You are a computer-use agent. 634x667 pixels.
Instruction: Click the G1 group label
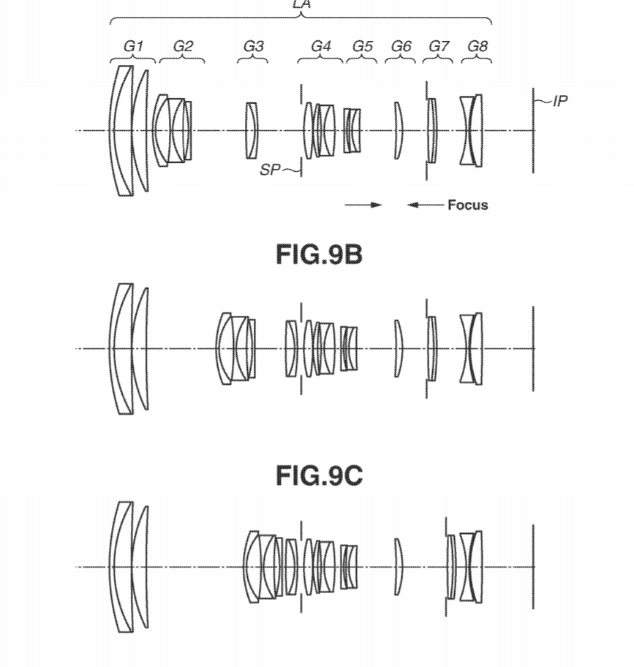[133, 46]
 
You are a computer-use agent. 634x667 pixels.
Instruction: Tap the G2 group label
[184, 46]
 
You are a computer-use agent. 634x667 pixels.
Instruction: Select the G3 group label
[254, 46]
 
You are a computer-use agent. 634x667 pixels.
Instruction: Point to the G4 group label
[321, 46]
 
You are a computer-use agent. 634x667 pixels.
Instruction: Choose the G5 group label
[362, 46]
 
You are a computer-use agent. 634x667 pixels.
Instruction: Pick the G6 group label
[401, 46]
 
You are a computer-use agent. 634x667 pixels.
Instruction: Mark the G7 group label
[439, 46]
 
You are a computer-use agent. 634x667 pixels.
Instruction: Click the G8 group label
[478, 46]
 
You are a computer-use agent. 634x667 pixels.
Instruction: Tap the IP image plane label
[560, 101]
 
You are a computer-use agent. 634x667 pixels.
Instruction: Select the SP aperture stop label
[270, 170]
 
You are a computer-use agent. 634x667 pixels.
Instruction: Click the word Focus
[468, 205]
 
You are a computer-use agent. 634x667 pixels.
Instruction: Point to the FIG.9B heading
[319, 255]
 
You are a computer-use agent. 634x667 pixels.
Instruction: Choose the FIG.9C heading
[319, 475]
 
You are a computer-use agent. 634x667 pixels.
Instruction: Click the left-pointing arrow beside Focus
[425, 205]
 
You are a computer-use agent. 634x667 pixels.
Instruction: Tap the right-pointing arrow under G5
[363, 205]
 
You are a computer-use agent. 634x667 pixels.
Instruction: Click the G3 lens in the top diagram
[252, 131]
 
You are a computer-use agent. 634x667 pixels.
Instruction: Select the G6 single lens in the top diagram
[398, 131]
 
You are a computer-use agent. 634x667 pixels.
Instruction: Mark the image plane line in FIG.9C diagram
[533, 567]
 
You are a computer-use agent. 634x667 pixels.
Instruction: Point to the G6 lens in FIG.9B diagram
[398, 349]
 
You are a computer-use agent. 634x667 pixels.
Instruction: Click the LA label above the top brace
[301, 4]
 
